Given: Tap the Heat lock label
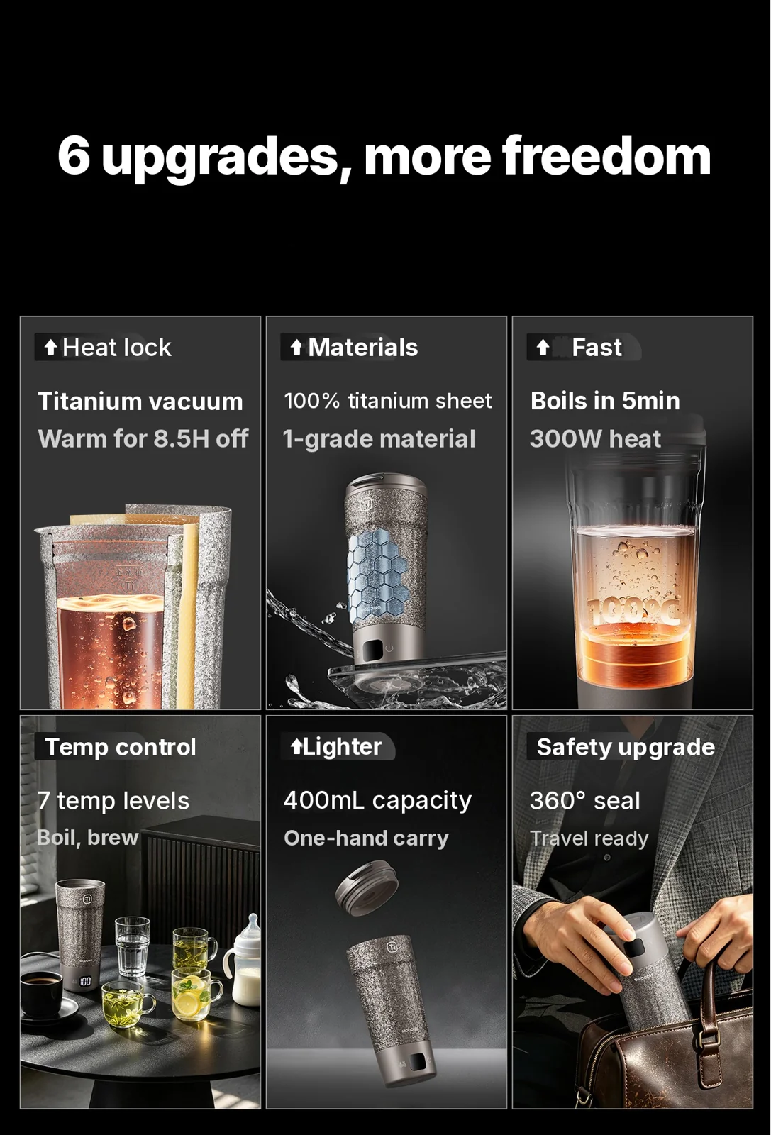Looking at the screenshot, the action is click(x=116, y=348).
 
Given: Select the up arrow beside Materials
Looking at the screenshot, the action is click(x=296, y=348).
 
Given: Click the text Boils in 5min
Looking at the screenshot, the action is click(x=605, y=401).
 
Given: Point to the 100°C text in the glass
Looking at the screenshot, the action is click(x=633, y=611).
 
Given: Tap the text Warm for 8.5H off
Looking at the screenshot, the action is click(x=143, y=439).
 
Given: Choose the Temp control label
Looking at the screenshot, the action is click(x=120, y=747).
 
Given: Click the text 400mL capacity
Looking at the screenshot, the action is click(x=377, y=801).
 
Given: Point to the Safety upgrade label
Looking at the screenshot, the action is click(x=626, y=748).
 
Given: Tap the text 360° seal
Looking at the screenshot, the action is click(x=584, y=801).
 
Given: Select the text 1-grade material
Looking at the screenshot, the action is click(x=379, y=439).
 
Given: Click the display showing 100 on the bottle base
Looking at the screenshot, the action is click(x=86, y=981).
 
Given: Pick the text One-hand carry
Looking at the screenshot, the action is click(x=366, y=838).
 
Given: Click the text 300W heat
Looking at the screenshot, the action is click(x=595, y=439).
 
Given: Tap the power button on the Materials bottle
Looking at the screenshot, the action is click(x=389, y=648).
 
